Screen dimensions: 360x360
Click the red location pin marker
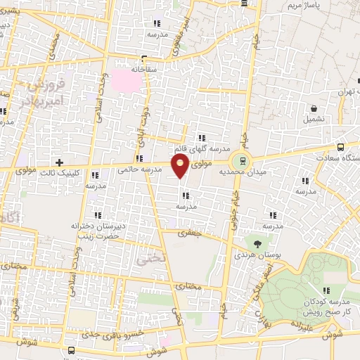181,167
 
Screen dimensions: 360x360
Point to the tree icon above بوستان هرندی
257,243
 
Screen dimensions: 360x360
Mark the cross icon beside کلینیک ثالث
60,162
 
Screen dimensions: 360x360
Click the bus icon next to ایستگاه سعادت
341,148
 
